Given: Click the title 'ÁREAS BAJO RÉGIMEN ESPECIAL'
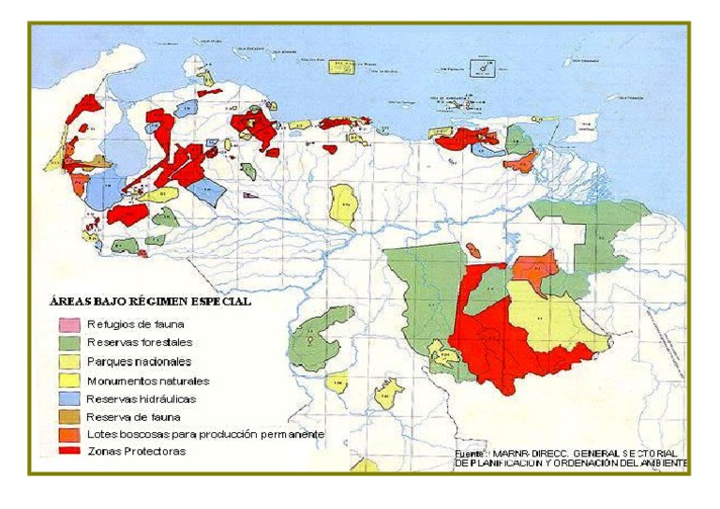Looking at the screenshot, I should (149, 303).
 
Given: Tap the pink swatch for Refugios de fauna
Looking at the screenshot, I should (68, 325).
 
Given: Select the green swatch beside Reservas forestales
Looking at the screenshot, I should (68, 343).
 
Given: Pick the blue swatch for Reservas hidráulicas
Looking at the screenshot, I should (68, 398).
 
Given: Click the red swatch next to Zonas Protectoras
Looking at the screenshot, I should (68, 452).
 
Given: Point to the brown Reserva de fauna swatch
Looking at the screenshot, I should (68, 416).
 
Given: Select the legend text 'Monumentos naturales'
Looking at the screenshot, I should (147, 381).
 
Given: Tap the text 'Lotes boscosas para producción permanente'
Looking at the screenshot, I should (204, 435).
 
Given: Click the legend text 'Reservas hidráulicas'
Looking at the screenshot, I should (142, 398).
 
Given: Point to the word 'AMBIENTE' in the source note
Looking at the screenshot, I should (660, 463).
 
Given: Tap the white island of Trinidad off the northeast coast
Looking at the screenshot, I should (581, 127).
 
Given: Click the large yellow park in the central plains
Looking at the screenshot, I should (344, 204).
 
